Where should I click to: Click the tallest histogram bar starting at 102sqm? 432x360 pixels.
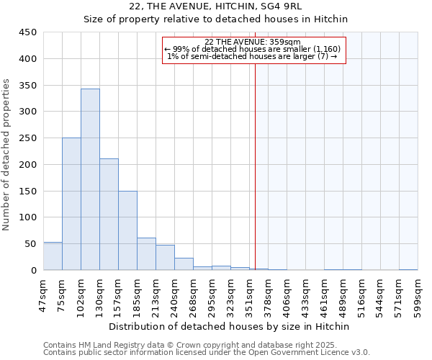point(90,180)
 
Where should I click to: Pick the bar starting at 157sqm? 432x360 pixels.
point(127,230)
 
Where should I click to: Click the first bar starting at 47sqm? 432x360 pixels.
point(53,256)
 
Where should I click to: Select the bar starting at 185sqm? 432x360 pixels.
point(146,254)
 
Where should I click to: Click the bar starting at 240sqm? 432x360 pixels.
point(184,264)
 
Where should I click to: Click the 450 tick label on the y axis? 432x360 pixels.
point(27,32)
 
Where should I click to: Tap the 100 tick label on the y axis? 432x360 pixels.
point(27,217)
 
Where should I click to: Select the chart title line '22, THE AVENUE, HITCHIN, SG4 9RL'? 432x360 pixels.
point(215,6)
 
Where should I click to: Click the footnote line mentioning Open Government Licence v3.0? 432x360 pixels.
point(206,353)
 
